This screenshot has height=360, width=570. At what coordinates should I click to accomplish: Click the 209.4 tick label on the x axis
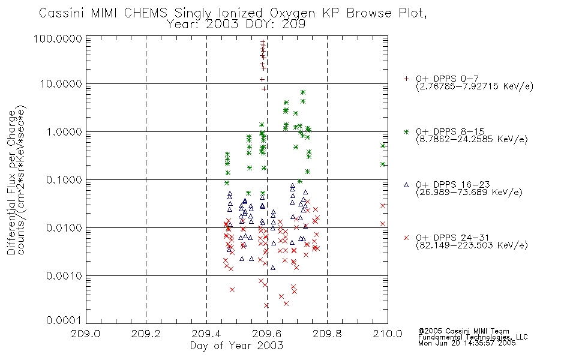point(206,334)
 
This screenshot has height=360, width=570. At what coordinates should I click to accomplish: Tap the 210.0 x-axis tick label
point(388,334)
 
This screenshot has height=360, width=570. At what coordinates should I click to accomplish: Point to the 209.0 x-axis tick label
point(85,334)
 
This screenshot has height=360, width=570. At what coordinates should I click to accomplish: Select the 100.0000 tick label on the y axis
point(58,38)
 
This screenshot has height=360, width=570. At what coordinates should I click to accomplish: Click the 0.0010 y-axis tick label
point(64,276)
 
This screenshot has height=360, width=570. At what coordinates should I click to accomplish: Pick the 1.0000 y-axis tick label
point(64,131)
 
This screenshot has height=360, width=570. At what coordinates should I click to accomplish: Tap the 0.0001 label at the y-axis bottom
point(64,320)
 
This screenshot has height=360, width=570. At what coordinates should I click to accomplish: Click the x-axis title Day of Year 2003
point(236,346)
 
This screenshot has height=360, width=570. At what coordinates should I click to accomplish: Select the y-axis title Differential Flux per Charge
point(11,182)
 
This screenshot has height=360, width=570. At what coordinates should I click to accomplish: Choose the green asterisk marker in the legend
point(406,131)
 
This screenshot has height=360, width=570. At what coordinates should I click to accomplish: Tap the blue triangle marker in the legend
point(406,185)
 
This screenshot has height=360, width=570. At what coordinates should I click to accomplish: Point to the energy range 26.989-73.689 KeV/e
point(469,193)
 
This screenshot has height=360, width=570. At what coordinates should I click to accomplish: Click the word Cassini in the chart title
point(61,13)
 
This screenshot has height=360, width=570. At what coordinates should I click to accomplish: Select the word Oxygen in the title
point(293,13)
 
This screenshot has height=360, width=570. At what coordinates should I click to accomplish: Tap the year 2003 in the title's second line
point(222,25)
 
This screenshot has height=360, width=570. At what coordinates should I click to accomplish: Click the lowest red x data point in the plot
point(266,306)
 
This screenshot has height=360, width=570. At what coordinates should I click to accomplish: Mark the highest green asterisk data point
point(303,92)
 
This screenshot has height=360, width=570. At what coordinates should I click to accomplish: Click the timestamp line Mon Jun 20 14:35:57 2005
point(467,343)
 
